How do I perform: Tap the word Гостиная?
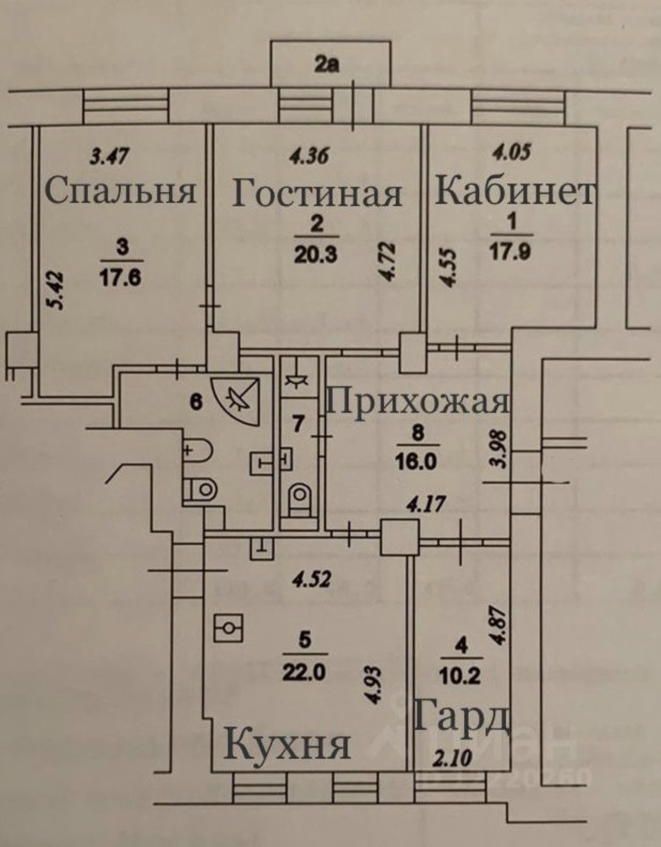[x=317, y=194]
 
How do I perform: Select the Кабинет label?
[x=514, y=192]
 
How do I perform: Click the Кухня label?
[x=287, y=745]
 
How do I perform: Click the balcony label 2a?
[x=328, y=66]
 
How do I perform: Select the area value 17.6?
[x=121, y=278]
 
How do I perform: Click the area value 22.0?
[x=304, y=672]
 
